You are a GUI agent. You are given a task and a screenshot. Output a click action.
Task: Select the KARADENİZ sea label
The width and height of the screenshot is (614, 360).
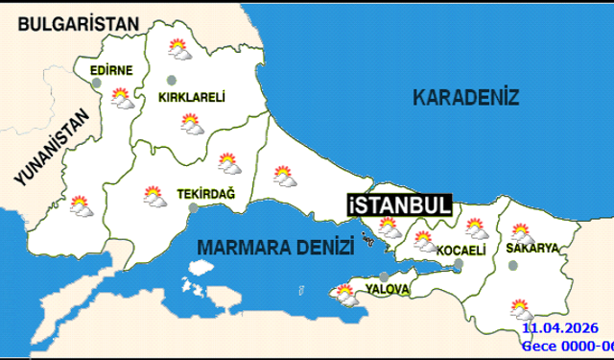(465, 97)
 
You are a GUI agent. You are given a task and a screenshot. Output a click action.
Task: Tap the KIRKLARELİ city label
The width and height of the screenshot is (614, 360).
(192, 96)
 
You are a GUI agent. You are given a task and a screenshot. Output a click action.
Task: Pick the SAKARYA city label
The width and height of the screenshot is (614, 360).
(532, 248)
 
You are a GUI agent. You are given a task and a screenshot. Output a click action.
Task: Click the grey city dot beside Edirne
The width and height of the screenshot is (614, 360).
(96, 84)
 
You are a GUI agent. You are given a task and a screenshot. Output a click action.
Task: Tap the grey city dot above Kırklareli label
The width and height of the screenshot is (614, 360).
(172, 80)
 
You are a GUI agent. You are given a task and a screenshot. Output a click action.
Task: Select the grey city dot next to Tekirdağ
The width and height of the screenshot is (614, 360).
(193, 206)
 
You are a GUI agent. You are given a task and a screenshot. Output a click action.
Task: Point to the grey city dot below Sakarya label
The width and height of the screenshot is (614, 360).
(512, 266)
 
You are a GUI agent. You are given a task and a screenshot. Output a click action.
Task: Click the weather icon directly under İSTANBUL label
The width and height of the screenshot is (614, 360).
(389, 228)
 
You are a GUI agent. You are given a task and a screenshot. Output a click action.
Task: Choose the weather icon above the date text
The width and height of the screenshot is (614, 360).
(521, 309)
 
